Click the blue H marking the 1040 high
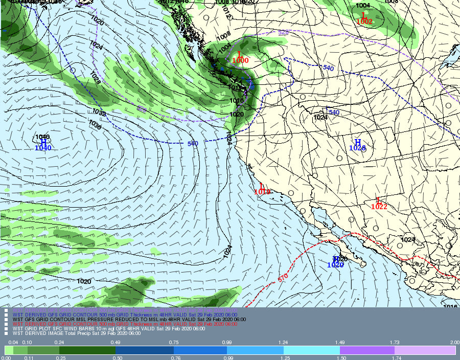click(x=43, y=141)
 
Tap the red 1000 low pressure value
click(x=240, y=60)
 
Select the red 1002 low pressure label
click(x=364, y=22)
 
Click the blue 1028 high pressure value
click(x=358, y=148)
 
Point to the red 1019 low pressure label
click(x=262, y=192)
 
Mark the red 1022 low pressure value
click(x=379, y=207)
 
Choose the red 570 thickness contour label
click(x=283, y=277)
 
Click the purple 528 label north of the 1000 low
click(x=284, y=33)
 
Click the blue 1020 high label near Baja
click(x=335, y=265)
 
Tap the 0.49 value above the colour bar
click(x=115, y=342)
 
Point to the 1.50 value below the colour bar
click(x=340, y=357)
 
